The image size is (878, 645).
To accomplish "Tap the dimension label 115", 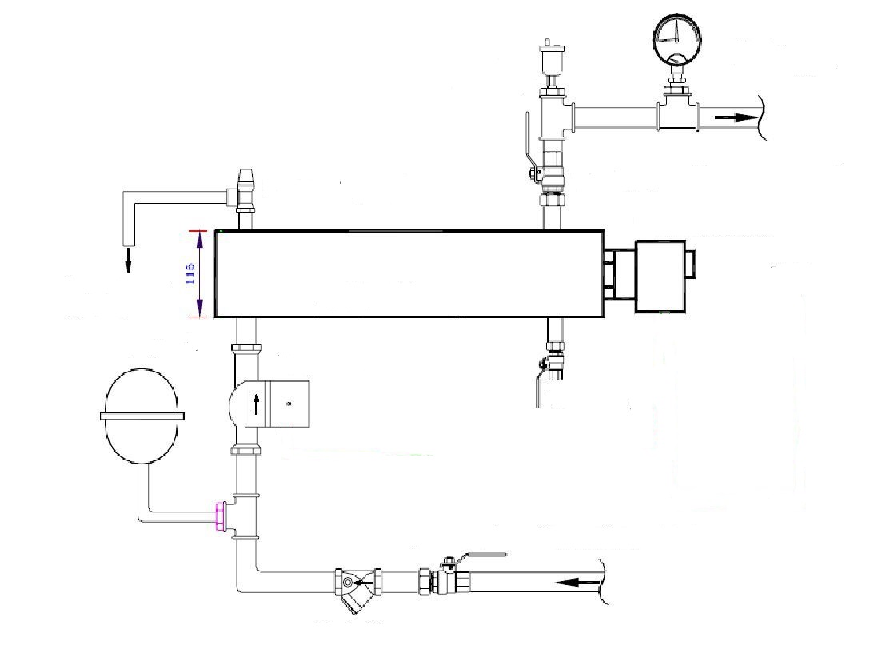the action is click(190, 273).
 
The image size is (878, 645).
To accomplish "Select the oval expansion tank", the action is click(142, 416).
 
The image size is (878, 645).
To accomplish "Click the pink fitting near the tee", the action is click(221, 516).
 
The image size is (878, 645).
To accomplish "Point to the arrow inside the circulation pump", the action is click(257, 404).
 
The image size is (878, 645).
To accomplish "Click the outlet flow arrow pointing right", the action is click(734, 117).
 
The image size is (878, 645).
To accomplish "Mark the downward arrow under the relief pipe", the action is click(128, 260).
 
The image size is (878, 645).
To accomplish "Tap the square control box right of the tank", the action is click(660, 276).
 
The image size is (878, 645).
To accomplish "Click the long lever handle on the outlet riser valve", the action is click(529, 143).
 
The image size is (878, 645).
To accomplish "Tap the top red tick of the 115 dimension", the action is click(199, 230).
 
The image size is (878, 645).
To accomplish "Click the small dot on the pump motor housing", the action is click(289, 403).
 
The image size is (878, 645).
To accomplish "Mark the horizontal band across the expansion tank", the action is click(142, 416).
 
